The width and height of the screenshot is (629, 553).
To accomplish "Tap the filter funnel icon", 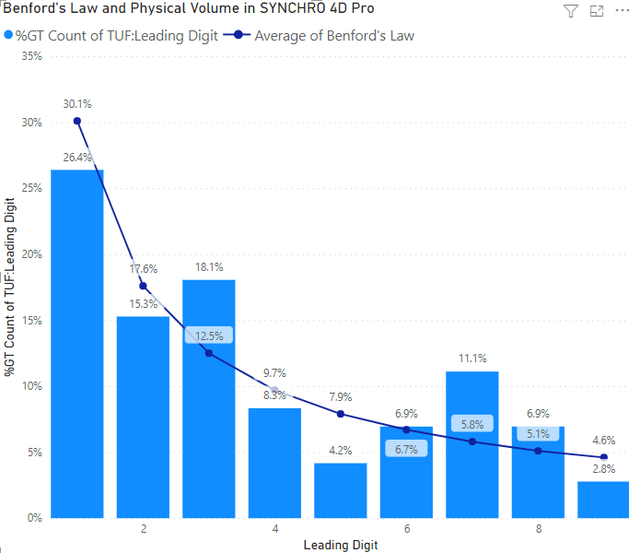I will click(x=570, y=11).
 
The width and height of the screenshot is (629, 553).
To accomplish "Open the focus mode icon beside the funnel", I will click(x=596, y=11).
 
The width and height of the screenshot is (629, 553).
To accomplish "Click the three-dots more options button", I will click(x=621, y=11).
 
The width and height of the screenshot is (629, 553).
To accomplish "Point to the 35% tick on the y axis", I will click(x=32, y=56).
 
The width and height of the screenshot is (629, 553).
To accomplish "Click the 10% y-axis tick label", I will click(x=32, y=386).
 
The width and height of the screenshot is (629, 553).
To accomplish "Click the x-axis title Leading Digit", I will click(x=341, y=545).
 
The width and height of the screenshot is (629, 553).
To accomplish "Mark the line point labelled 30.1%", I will click(x=77, y=121).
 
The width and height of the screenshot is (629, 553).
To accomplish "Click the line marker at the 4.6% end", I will click(x=604, y=457).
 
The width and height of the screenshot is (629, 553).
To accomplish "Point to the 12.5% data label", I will click(x=209, y=335).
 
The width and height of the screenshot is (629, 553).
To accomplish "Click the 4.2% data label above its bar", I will click(x=341, y=451).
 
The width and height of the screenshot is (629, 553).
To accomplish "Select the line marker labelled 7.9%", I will click(x=341, y=414).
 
